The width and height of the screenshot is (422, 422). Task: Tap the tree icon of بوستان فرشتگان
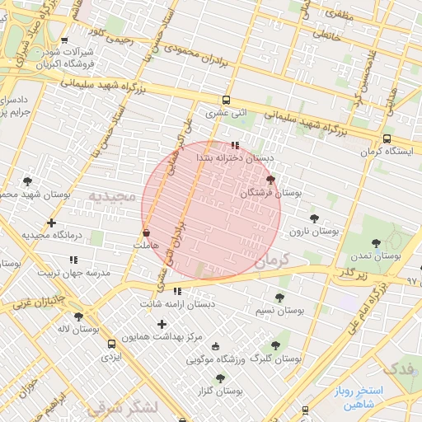tap(270, 180)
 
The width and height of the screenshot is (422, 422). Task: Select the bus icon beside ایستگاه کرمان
tap(387, 138)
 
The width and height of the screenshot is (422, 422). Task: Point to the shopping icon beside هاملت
tap(146, 233)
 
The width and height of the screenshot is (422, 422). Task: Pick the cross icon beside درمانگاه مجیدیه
tap(52, 223)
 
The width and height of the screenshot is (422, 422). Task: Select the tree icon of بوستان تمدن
tap(377, 242)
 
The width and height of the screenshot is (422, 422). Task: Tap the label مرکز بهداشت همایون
tap(162, 337)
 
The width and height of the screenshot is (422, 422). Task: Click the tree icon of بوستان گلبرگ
tap(275, 346)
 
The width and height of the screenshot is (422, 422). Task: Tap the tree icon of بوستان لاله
tap(78, 316)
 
